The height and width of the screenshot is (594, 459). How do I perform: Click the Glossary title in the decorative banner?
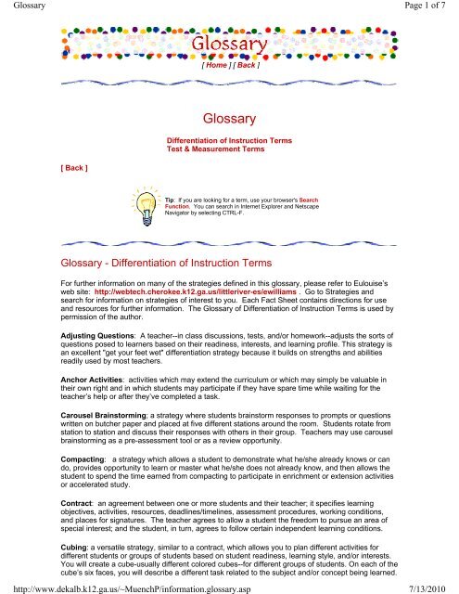(229, 44)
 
